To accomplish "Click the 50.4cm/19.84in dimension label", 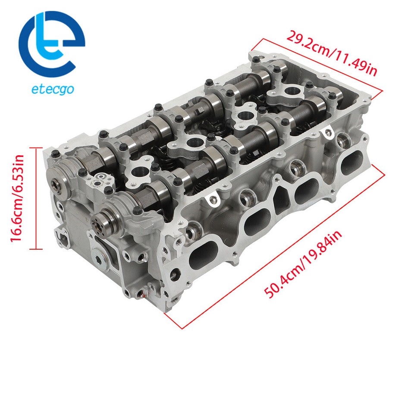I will point(302,263).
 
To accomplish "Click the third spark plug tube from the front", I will point(244,116).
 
